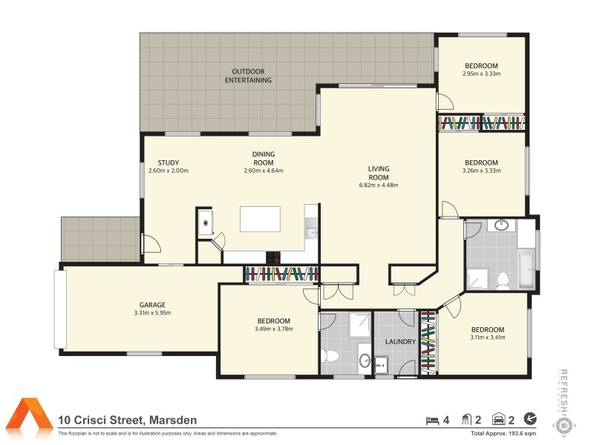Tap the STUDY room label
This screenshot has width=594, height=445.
click(x=168, y=163)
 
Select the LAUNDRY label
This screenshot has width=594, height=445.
click(x=399, y=342)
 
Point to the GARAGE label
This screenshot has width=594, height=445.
click(x=152, y=304)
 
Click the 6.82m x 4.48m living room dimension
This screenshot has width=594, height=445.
click(x=378, y=185)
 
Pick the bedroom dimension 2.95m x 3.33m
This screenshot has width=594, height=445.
click(x=481, y=74)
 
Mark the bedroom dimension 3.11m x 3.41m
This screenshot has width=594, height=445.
click(x=487, y=338)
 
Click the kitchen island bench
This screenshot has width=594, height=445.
click(x=260, y=220)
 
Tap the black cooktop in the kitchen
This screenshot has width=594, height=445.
click(x=274, y=258)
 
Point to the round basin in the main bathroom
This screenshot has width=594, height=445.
click(x=502, y=225)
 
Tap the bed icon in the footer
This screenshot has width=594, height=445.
click(x=431, y=420)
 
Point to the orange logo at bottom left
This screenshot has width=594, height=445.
click(x=30, y=418)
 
